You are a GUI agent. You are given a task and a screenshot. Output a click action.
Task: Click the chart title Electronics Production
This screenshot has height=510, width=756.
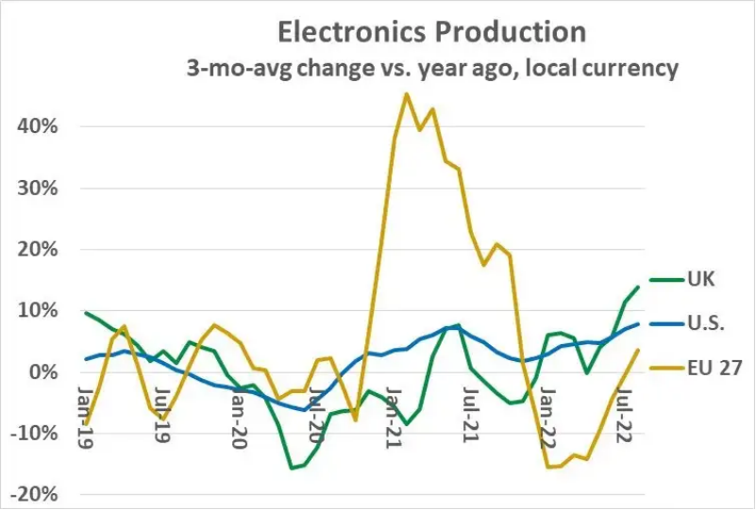coord(431,31)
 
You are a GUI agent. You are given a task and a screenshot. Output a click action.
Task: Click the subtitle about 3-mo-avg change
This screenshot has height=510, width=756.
coord(431,69)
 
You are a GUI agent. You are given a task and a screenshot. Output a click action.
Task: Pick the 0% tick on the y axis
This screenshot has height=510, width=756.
coord(49,372)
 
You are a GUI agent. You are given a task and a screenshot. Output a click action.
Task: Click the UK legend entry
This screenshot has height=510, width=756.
coord(701,279)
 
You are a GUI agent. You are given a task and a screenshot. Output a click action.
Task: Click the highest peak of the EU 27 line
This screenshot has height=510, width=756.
coord(406,93)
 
